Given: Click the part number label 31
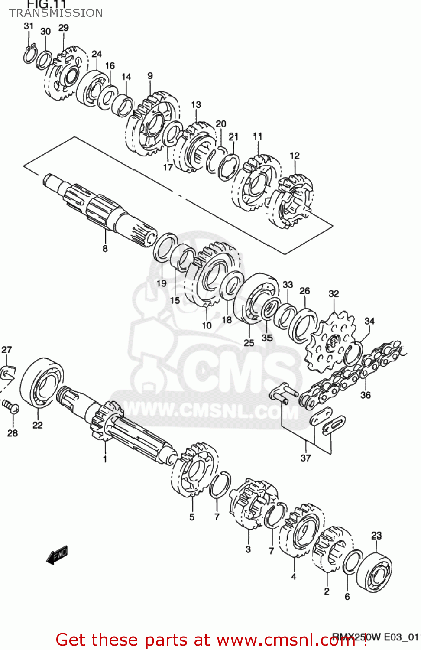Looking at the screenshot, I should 29,26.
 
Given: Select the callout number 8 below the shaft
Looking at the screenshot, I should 105,248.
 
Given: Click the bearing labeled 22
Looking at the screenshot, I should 42,383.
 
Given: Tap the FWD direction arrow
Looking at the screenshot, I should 57,555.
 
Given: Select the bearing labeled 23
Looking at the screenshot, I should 374,572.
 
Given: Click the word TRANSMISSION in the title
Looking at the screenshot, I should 56,13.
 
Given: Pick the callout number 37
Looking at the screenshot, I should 306,458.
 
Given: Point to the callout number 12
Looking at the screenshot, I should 295,156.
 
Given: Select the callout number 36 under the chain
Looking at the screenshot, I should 366,395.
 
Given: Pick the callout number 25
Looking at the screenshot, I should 249,342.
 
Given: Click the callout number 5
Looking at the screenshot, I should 192,517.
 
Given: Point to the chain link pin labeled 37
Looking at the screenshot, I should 283,393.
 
